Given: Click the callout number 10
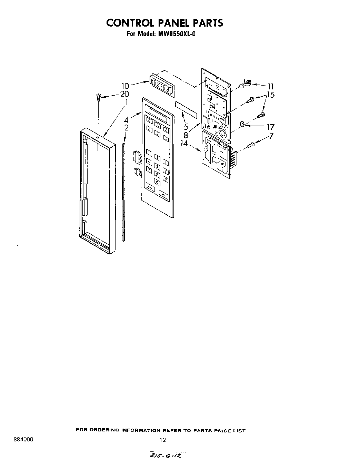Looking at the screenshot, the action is click(125, 86).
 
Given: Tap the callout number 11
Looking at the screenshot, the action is click(270, 87).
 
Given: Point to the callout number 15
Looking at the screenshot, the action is click(271, 95).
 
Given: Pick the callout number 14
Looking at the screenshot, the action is click(184, 143).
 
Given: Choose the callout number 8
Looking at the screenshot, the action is click(186, 135).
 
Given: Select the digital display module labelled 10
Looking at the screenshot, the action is click(162, 85).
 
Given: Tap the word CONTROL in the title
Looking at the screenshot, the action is click(126, 23).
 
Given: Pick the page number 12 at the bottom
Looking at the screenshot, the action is click(163, 440).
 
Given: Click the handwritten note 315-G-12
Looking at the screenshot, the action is click(165, 456).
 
